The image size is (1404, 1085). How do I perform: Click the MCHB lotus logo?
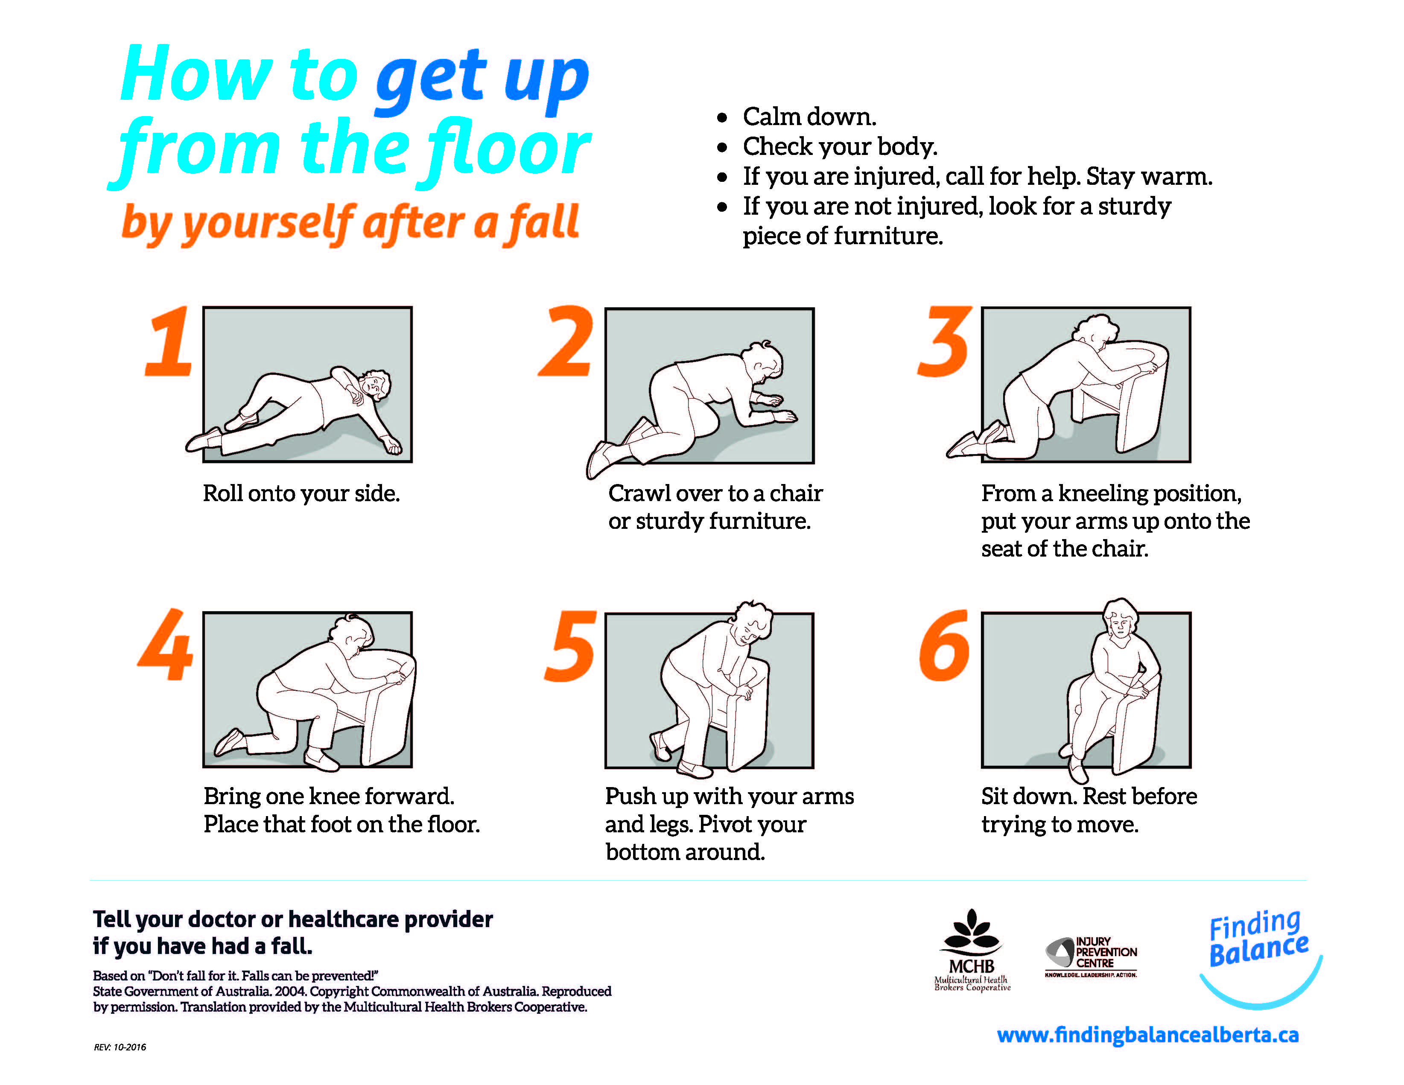(972, 949)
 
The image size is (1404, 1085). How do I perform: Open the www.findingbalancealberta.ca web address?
(1147, 1035)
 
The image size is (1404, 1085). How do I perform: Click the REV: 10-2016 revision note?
(120, 1047)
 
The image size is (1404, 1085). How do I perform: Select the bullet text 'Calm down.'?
(809, 117)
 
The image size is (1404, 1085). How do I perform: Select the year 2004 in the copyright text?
(290, 991)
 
